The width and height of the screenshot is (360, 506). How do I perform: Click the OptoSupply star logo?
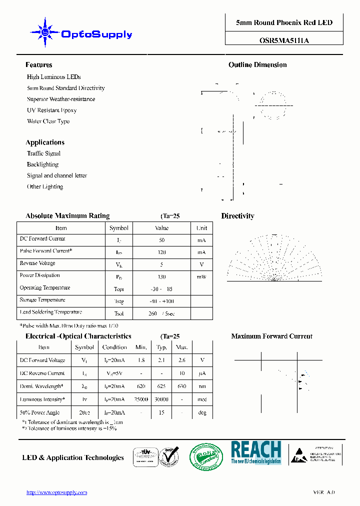45,32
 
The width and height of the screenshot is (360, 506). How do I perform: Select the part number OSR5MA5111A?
284,41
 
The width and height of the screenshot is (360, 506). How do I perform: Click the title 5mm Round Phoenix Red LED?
284,22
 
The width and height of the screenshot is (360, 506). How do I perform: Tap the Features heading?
38,65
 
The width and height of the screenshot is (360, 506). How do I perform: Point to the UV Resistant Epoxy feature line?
51,110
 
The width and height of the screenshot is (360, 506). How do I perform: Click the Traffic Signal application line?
43,153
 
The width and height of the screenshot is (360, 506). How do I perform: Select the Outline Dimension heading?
257,65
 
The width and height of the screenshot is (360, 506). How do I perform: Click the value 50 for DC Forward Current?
161,240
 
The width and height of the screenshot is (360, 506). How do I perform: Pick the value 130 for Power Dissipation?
161,276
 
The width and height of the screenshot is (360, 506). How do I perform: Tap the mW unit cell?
201,276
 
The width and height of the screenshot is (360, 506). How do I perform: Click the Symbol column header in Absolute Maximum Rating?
119,228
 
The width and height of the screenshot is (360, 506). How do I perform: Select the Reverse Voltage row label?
37,263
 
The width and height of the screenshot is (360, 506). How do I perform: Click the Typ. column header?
161,347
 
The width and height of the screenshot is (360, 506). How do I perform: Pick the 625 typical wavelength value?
161,386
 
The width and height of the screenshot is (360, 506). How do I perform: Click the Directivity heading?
237,216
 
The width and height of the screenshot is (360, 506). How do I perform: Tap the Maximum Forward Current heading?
271,336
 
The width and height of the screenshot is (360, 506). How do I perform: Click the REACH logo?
255,452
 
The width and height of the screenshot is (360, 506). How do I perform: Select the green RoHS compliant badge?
205,457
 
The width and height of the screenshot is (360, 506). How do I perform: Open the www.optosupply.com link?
56,492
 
